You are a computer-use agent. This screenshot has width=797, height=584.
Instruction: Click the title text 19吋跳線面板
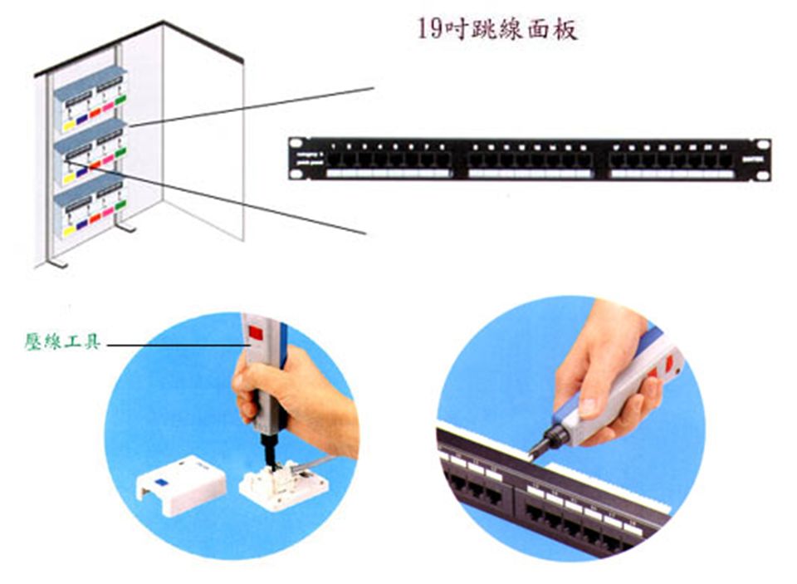[496, 31]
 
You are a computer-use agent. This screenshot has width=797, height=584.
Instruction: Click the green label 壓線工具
[62, 341]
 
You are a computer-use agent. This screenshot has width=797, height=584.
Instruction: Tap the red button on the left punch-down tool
[256, 336]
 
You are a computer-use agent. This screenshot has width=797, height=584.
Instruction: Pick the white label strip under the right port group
[672, 174]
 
